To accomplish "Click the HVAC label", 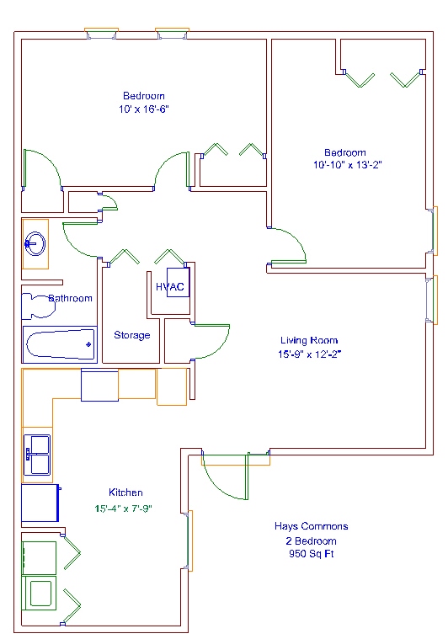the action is tap(169, 287).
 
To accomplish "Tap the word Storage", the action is tap(132, 335).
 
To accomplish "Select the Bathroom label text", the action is tap(71, 298).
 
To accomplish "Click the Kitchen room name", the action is tap(125, 493).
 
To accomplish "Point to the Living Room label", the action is tap(309, 340).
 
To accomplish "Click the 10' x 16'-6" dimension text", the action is tap(143, 109).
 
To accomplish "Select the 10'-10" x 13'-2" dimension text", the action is tap(347, 165).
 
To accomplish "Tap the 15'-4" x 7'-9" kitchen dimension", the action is tap(123, 509).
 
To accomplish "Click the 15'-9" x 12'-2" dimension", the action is tap(309, 354).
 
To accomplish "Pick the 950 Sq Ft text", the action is tap(311, 554).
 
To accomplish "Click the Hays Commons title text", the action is tap(311, 526).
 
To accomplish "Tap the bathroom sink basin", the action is tap(35, 243).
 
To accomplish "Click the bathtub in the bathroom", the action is tap(61, 344).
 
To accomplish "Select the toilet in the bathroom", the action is tap(39, 306).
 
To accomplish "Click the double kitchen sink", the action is tap(37, 455).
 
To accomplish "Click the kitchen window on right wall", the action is tap(189, 540).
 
